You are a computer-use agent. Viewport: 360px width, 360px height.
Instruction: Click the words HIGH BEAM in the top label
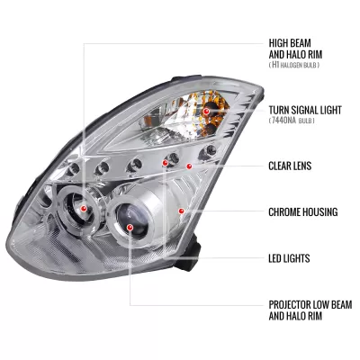point(292,42)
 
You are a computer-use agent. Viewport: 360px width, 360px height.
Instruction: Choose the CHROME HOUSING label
point(302,212)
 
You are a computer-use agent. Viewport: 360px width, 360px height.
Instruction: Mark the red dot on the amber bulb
point(206,110)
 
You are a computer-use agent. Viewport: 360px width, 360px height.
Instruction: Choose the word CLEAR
point(281,166)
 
